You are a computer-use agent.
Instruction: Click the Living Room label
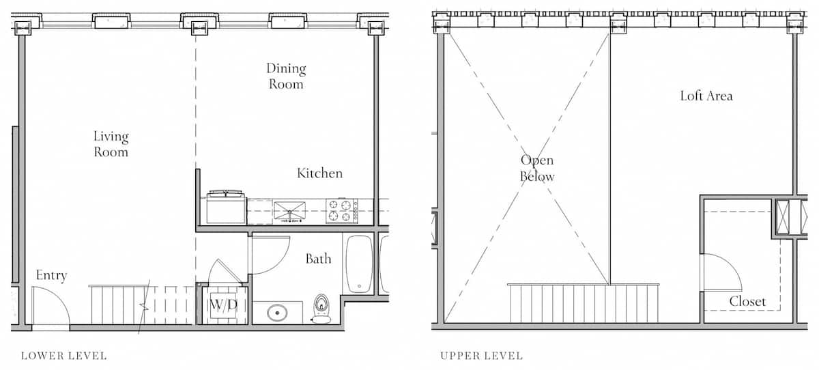111,144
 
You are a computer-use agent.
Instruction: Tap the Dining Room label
285,76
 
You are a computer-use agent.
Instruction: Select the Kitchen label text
319,173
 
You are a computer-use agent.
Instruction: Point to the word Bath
318,259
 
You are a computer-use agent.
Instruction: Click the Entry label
51,276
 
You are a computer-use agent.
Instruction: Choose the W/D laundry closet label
223,304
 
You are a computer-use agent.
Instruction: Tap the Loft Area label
706,96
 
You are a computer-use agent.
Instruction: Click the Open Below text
536,168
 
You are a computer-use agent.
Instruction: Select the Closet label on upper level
747,301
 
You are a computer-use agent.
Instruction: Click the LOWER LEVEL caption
63,356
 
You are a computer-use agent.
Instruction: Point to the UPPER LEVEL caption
481,356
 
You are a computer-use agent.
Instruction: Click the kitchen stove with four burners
341,210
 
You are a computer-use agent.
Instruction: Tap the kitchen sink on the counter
289,210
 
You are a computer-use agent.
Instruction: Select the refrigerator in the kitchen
226,207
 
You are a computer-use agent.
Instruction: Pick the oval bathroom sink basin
277,313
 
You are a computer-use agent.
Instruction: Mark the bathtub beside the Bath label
358,264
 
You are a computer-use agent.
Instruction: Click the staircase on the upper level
583,303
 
